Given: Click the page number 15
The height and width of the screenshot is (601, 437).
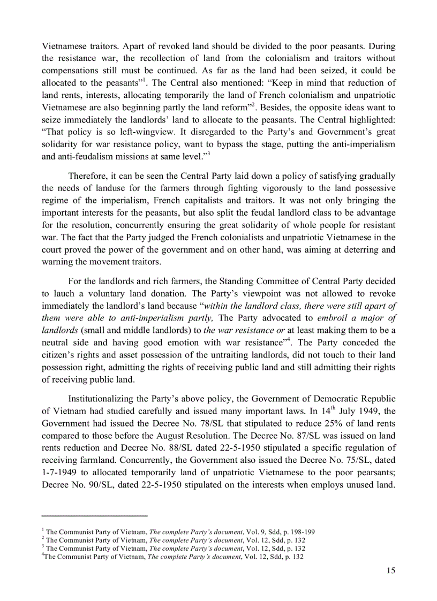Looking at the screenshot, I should point(390,570).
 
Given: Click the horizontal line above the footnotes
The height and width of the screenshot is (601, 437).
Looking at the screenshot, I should point(94,516).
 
